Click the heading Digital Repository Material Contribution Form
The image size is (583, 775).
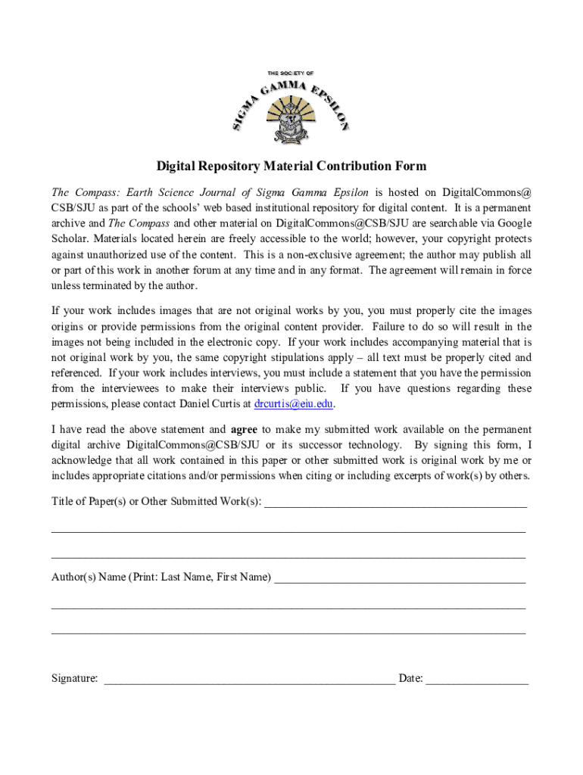(291, 167)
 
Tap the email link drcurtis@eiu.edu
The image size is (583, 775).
(294, 404)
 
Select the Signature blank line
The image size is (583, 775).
(249, 680)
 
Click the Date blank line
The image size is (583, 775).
(477, 680)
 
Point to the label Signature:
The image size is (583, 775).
(74, 679)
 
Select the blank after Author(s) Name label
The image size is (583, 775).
(400, 577)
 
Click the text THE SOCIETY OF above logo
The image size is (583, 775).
(290, 73)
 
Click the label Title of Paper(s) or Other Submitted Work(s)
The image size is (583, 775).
(156, 502)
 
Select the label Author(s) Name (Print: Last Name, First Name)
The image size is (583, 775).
(161, 577)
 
